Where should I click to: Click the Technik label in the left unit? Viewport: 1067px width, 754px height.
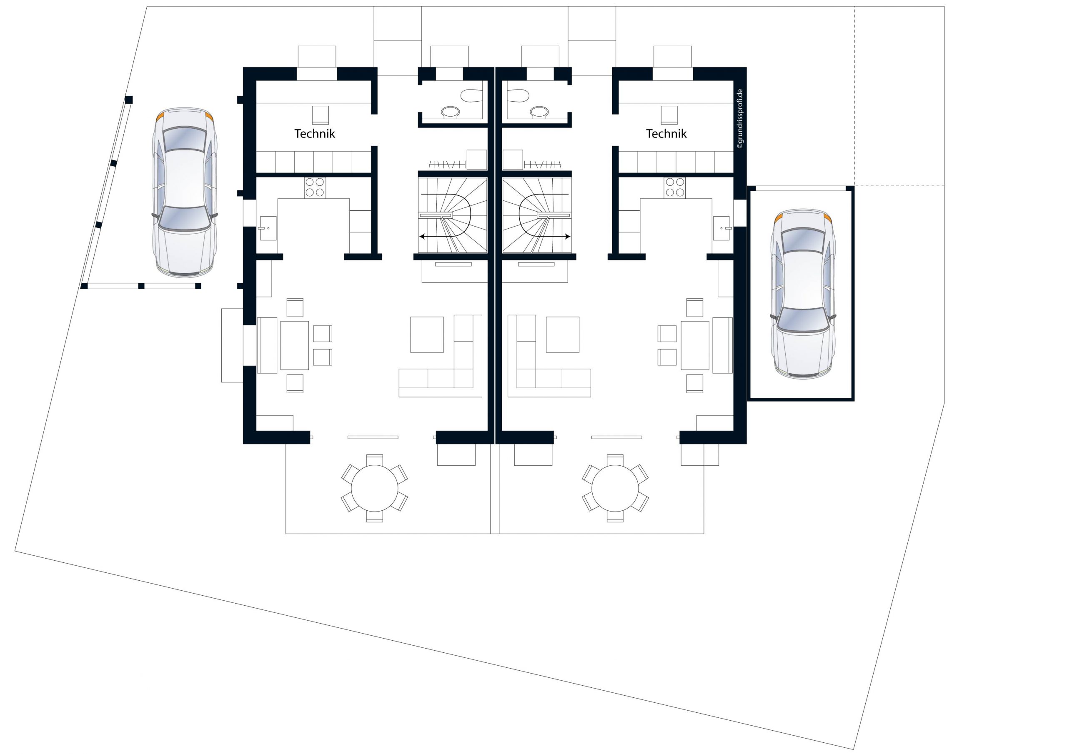(315, 134)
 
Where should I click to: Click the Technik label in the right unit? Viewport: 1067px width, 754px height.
(666, 134)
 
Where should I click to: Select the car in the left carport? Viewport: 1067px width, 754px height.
(185, 192)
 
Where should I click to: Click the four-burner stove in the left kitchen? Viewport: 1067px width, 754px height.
(315, 188)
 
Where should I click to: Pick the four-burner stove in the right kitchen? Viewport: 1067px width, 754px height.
(675, 188)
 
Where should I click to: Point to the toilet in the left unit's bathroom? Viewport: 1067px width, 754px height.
(472, 96)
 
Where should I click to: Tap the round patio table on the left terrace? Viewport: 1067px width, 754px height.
(375, 488)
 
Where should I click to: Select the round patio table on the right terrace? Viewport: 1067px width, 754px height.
(615, 488)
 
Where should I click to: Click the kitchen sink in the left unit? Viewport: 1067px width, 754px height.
(268, 228)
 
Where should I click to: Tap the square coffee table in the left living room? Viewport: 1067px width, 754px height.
(427, 335)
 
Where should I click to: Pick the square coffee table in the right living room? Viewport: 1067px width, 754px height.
(563, 335)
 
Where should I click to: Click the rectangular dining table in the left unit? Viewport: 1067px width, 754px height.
(294, 345)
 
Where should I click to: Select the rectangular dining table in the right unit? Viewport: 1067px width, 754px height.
(695, 345)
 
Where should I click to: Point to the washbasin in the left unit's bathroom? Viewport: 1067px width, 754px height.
(450, 112)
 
